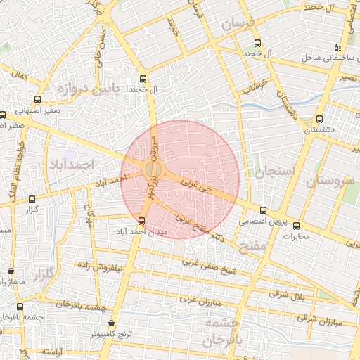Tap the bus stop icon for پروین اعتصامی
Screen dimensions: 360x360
tap(263, 210)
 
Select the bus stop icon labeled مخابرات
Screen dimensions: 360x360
tap(295, 226)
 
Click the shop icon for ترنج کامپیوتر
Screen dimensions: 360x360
tap(112, 323)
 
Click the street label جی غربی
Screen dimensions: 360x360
tap(195, 187)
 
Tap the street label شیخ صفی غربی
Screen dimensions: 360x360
tap(210, 264)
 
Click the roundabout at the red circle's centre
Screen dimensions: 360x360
tap(153, 169)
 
